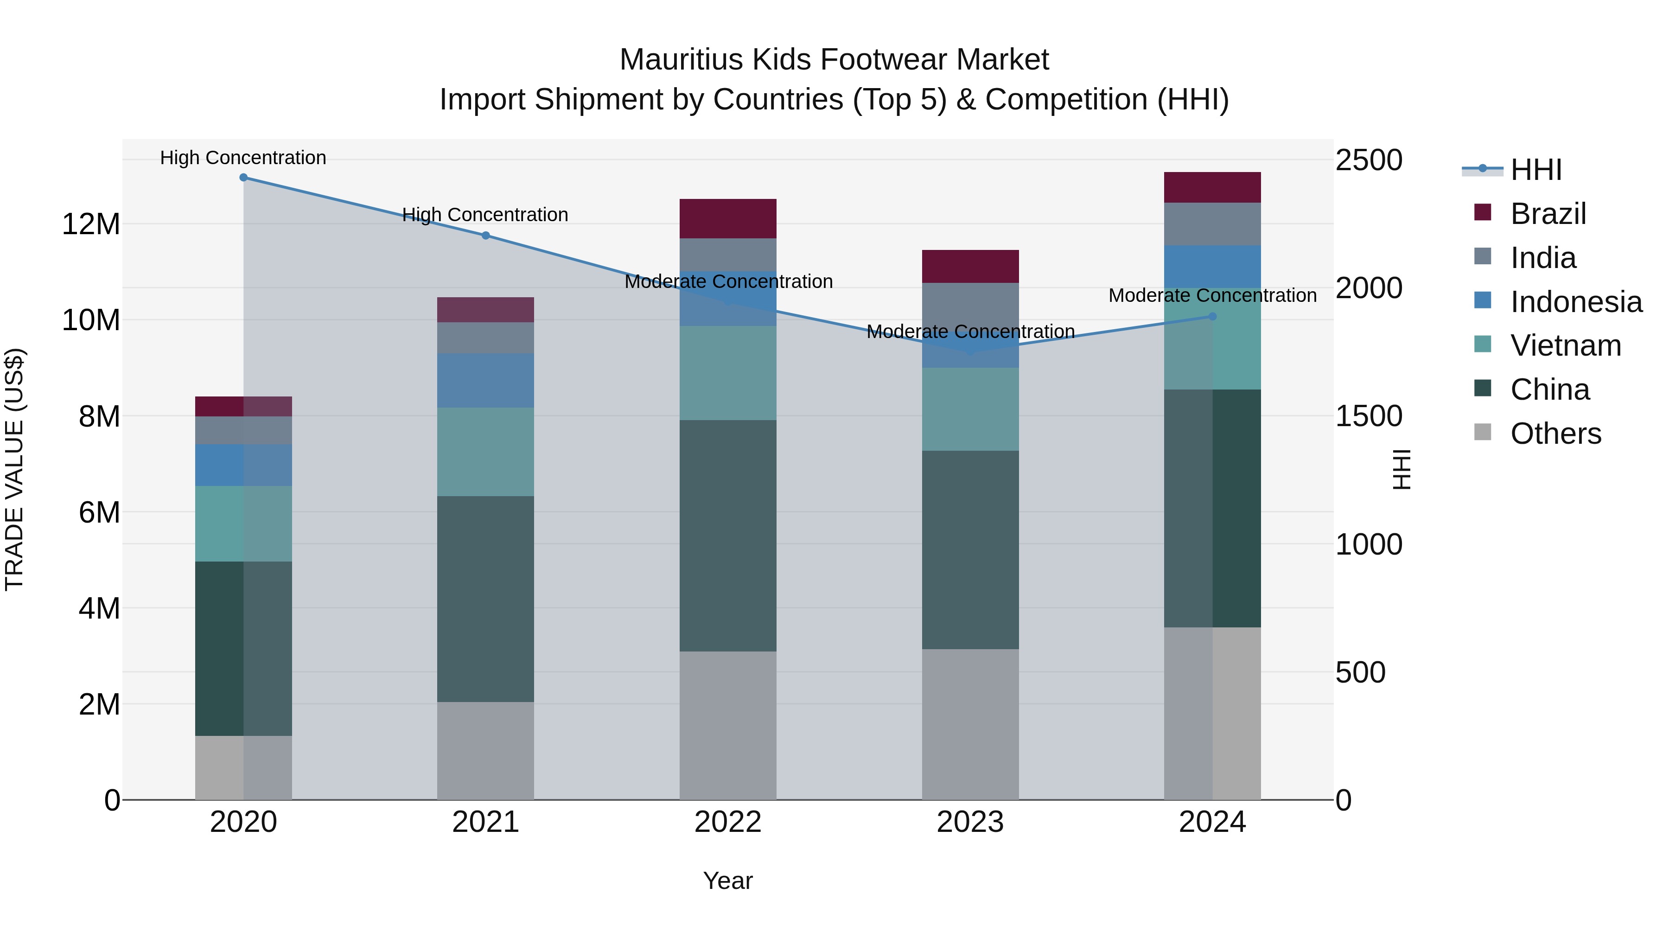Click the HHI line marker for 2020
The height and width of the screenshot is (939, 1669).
pos(243,178)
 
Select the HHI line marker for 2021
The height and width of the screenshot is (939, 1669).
pos(486,235)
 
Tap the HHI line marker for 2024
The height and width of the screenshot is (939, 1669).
pos(1213,316)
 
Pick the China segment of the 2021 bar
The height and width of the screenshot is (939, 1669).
pos(485,599)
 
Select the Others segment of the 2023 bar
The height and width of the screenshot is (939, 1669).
pos(970,724)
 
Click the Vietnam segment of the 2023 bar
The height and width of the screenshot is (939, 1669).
pos(970,409)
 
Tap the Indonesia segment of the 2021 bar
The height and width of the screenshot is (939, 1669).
pos(485,380)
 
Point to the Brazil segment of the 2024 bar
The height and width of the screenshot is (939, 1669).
pos(1212,187)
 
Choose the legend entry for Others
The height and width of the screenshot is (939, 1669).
pos(1554,434)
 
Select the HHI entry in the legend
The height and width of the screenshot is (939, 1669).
pos(1535,170)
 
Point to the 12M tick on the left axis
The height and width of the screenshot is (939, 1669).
pos(91,225)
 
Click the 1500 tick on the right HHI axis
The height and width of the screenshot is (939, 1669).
pos(1369,416)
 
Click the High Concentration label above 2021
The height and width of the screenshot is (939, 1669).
pos(485,215)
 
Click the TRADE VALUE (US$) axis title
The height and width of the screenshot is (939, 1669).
pos(14,469)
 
